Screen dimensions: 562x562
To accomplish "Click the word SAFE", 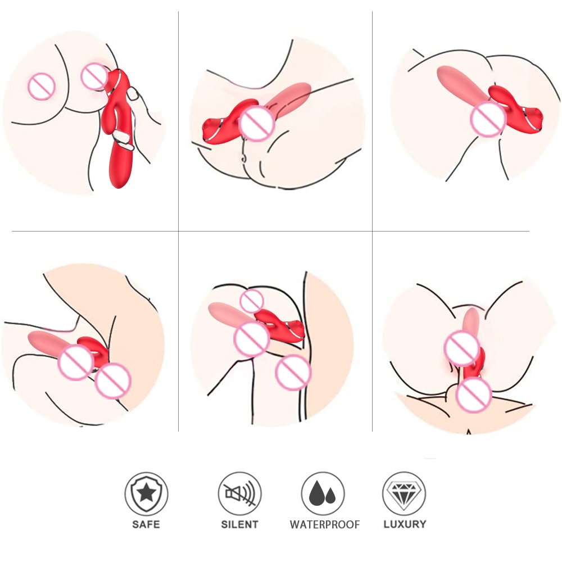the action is click(146, 524).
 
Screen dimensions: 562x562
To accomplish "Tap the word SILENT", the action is click(239, 524).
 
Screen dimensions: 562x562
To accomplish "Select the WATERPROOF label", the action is click(325, 524).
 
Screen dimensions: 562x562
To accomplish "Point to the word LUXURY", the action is click(405, 524).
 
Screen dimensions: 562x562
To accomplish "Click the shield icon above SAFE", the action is click(146, 493).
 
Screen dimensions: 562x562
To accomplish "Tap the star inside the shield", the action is click(146, 493).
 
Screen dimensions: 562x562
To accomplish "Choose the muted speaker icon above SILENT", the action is click(239, 493).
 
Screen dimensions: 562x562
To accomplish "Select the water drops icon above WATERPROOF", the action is click(323, 493).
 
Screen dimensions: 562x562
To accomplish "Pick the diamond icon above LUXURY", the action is click(404, 493).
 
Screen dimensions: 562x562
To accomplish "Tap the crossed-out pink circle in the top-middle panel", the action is click(257, 123).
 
